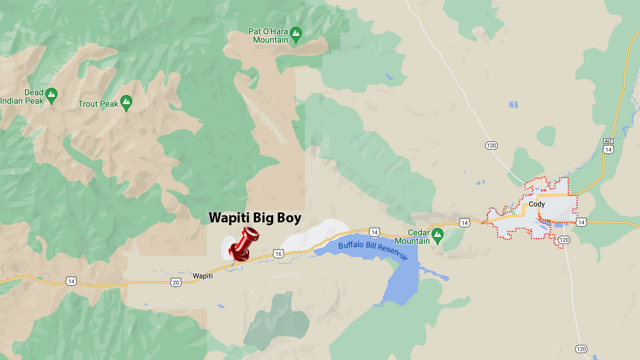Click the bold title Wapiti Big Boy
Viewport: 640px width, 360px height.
click(255, 218)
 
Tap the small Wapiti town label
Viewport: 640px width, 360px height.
click(203, 276)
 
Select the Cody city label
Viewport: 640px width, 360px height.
click(537, 204)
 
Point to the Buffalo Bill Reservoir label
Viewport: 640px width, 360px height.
click(373, 250)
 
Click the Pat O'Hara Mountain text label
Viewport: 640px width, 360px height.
click(268, 36)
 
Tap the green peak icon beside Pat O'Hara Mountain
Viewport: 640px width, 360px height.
click(296, 34)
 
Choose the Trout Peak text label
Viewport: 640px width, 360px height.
click(98, 104)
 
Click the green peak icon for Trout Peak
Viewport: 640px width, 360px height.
click(126, 102)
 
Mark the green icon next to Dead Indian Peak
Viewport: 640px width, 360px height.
click(51, 95)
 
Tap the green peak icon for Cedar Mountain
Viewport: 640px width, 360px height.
click(438, 235)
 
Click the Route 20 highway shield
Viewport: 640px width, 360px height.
click(176, 282)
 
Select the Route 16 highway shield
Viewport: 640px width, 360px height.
click(278, 254)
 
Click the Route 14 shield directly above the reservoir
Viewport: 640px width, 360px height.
click(374, 232)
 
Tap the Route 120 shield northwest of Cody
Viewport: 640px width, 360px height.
click(491, 146)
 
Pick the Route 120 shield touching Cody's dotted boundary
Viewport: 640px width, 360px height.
click(564, 240)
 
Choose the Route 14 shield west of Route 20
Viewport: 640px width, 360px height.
click(71, 281)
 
